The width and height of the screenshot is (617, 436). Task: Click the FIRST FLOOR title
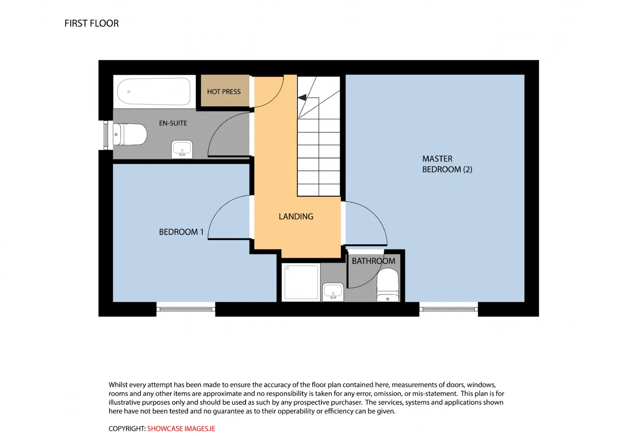coord(92,24)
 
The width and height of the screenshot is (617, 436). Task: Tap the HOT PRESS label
coord(224,92)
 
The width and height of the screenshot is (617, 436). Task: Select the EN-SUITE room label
coord(173,123)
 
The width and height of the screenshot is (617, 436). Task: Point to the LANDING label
coord(296,216)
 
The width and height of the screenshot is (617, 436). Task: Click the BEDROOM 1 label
coord(181,232)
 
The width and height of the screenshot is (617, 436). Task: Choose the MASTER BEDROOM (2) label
coord(447,164)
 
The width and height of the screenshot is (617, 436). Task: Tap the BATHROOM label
coord(373,261)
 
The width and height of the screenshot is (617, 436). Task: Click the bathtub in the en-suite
coord(154,91)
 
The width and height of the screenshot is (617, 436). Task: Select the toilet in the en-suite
coord(130,134)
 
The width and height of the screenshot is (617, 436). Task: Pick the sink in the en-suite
coord(182,150)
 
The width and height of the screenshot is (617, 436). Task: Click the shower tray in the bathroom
coord(301,282)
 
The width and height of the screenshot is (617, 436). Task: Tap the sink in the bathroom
coord(333,292)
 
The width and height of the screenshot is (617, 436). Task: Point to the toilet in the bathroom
coord(387,285)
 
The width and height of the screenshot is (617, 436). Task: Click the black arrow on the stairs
coord(302,97)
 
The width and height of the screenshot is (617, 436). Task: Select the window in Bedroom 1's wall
coord(186,309)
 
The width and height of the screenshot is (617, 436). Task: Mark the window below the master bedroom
coord(448,309)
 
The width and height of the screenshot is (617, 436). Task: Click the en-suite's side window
coord(106,135)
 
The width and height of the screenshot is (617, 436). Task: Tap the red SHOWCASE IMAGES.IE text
coord(181,429)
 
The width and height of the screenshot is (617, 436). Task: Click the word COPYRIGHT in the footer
coord(127,429)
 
